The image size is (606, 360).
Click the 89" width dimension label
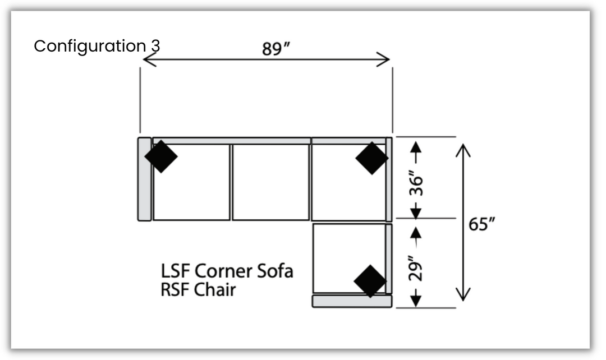coord(276,49)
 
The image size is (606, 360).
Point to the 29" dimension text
coord(416,269)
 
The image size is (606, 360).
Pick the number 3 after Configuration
coord(155,46)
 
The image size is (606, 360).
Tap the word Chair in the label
coord(215,290)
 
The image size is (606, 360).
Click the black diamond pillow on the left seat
coord(161,156)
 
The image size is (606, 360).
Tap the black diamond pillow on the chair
coord(370,281)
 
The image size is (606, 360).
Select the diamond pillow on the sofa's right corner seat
coord(371,158)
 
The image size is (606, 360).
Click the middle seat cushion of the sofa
coord(270,182)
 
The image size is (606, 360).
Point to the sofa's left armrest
coord(144,179)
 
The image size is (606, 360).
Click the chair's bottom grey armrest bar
coord(352,302)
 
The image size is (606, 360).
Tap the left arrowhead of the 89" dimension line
coord(147,59)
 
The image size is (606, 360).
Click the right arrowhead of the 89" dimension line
coord(385,59)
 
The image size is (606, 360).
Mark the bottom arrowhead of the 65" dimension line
coord(462,296)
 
